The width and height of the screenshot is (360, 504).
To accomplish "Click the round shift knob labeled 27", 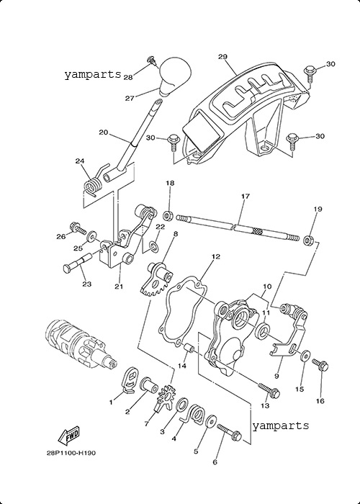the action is tap(174, 76).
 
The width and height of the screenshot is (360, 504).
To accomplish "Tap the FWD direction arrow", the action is tap(68, 436).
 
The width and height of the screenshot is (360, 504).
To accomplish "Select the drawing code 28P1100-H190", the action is tap(71, 453).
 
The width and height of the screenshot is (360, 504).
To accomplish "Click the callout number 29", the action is tap(222, 57).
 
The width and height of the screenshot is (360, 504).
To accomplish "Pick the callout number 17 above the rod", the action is tap(246, 196).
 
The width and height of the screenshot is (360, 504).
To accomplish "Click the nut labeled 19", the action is tap(309, 240).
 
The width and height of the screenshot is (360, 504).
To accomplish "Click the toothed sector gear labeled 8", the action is tap(157, 279).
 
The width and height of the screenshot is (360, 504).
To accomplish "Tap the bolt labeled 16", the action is tap(320, 365).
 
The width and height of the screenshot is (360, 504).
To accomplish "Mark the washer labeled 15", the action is tap(305, 355).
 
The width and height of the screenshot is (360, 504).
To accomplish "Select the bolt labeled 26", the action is tap(76, 228).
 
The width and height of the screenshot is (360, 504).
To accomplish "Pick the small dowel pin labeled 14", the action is tap(188, 348).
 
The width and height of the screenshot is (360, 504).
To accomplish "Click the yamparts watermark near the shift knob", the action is tap(92, 75).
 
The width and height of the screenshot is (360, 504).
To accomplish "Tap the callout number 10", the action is tap(267, 287).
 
